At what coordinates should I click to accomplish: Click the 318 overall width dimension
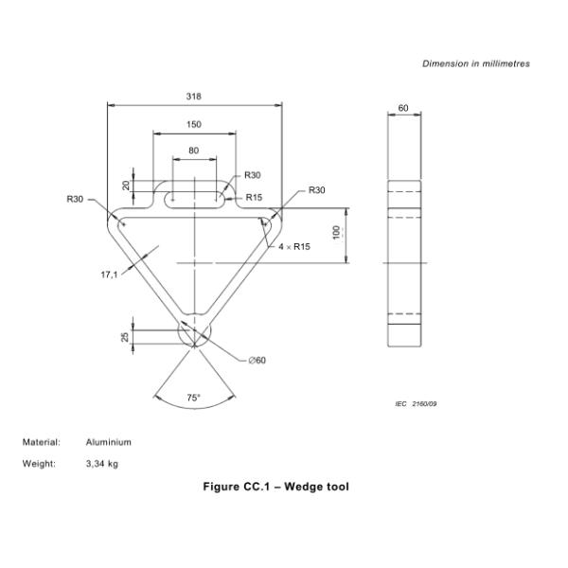(194, 97)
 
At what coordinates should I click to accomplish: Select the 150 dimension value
(194, 125)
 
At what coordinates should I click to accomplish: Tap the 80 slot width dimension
(194, 151)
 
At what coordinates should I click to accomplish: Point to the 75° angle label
(193, 399)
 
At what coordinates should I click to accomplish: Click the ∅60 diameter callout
(257, 360)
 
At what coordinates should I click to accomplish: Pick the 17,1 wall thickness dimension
(110, 275)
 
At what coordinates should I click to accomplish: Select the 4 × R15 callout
(294, 246)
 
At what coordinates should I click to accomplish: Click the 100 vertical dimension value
(336, 232)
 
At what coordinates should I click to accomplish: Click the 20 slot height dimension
(126, 186)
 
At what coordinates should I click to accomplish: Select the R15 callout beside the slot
(254, 198)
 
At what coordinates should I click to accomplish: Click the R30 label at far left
(75, 199)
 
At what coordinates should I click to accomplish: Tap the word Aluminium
(109, 442)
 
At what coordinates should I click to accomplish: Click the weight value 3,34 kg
(102, 464)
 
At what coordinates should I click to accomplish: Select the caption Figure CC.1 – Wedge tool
(276, 488)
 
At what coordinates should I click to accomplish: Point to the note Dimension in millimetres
(476, 63)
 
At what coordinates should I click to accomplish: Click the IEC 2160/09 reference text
(416, 404)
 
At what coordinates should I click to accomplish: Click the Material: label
(42, 442)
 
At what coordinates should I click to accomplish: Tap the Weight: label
(39, 464)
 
